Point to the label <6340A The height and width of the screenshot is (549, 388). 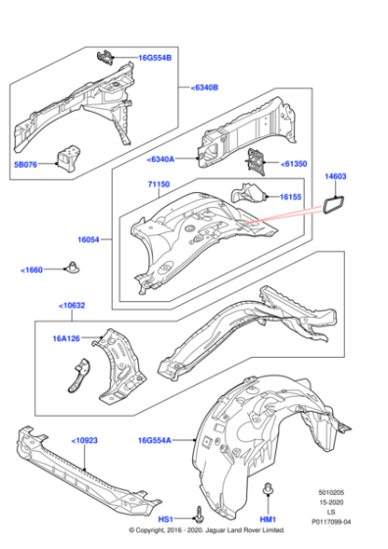click(x=161, y=160)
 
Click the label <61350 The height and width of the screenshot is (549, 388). click(x=294, y=164)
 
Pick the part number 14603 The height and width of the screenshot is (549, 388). click(x=336, y=176)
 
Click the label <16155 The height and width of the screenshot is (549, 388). click(x=290, y=197)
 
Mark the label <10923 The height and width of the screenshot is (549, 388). click(x=85, y=441)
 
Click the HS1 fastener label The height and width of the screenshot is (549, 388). click(x=167, y=518)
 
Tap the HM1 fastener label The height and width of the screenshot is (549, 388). click(x=267, y=518)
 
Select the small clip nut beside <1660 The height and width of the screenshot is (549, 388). click(x=73, y=266)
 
